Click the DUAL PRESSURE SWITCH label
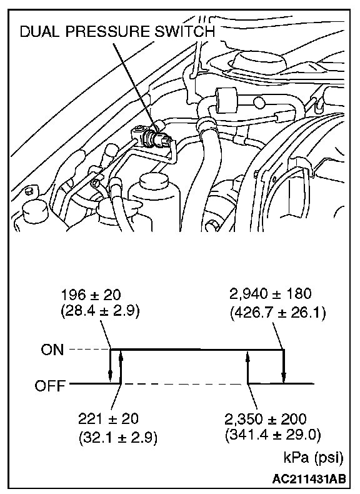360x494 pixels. point(117,32)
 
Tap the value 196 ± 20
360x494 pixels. point(91,295)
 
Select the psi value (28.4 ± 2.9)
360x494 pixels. point(100,311)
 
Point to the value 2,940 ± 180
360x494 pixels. point(271,294)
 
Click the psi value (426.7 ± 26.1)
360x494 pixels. point(277,313)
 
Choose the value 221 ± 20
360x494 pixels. point(108,419)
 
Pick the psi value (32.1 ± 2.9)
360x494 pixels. point(117,437)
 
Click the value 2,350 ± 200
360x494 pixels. point(266,419)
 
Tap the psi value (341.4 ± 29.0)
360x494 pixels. point(273,435)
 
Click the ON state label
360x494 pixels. point(52,350)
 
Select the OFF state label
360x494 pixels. point(50,386)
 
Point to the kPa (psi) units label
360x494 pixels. point(313,458)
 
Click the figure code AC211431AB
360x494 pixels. point(309,479)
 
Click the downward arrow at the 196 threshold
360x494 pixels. point(110,366)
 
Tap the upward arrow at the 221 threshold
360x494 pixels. point(121,366)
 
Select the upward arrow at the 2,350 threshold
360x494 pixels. point(248,366)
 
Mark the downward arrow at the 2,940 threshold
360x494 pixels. point(284,366)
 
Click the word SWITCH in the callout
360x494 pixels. point(184,32)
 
